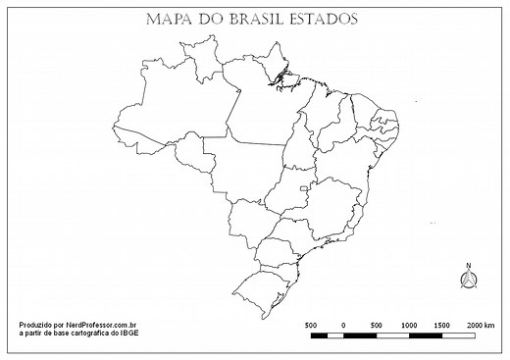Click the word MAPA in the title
coord(167,19)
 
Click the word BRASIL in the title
coord(259,19)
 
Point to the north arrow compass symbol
coord(469,279)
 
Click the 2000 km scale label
coord(482,325)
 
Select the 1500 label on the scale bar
coord(441,325)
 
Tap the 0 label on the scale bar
coord(343,325)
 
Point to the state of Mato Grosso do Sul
coord(250,221)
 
